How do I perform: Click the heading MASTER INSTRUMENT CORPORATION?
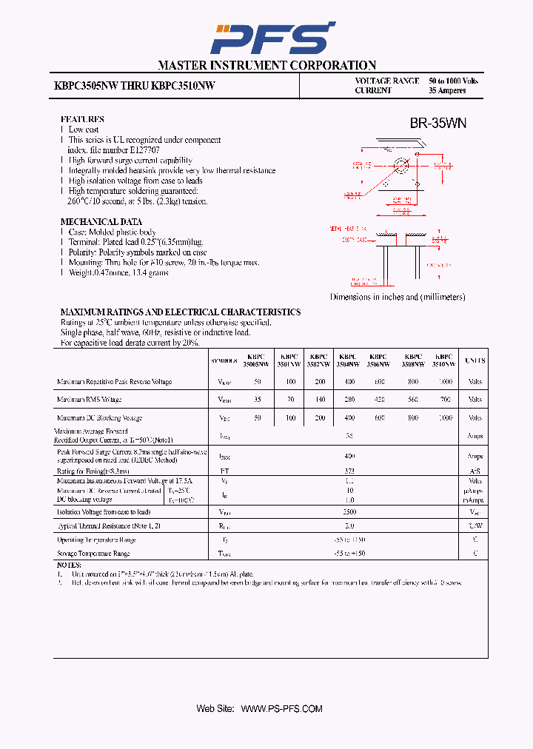click(x=266, y=65)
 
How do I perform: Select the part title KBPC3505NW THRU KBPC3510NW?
click(x=135, y=86)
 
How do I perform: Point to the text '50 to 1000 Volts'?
click(x=453, y=81)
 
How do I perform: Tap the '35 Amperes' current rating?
click(x=447, y=90)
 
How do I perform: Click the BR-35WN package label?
click(x=438, y=124)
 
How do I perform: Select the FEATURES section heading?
click(x=81, y=119)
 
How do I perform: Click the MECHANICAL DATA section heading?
click(x=101, y=222)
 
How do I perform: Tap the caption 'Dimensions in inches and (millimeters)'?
click(x=398, y=297)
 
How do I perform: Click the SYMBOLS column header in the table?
click(x=224, y=361)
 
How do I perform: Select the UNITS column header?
click(x=475, y=360)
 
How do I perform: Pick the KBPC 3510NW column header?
click(x=444, y=360)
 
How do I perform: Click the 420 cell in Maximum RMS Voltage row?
click(x=379, y=400)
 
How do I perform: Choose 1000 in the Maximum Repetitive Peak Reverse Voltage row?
click(x=444, y=382)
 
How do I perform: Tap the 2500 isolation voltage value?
click(x=349, y=511)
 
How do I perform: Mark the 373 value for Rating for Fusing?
click(x=349, y=471)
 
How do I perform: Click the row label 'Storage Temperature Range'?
click(x=93, y=554)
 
